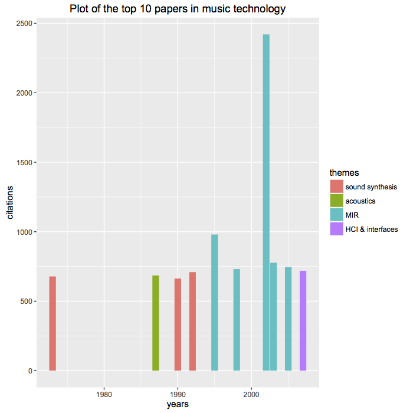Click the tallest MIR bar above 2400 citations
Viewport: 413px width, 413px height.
266,201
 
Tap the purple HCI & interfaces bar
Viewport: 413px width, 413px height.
303,320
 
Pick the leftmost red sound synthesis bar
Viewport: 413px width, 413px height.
53,323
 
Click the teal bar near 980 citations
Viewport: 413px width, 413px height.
215,302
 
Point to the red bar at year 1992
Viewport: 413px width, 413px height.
192,321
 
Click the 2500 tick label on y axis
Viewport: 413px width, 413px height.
24,24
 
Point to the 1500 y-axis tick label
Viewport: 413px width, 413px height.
24,163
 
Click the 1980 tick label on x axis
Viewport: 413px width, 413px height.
104,394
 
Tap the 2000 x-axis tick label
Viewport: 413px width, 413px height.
251,394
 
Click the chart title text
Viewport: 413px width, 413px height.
178,9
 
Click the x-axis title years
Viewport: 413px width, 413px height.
178,404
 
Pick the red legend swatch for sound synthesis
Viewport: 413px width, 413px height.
336,187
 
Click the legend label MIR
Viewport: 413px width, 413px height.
352,215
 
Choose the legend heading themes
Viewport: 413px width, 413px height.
344,172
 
